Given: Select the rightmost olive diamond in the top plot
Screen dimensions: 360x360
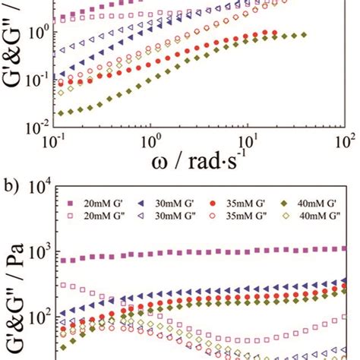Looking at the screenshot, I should pyautogui.click(x=304, y=35).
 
